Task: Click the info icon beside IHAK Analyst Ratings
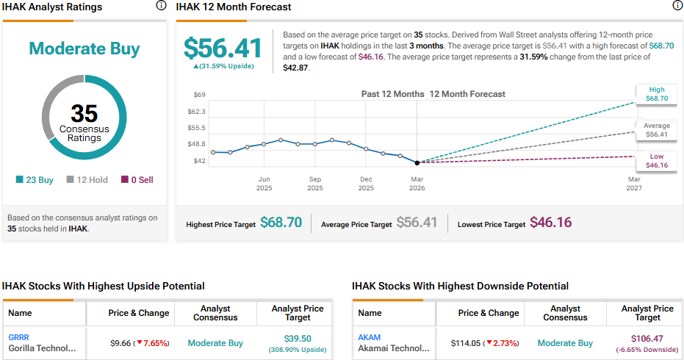pos(161,6)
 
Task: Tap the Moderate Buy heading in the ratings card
pos(84,49)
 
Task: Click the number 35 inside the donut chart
pos(84,113)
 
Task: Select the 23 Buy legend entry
pos(35,180)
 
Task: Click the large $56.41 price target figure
pos(223,48)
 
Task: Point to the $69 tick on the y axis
pos(199,95)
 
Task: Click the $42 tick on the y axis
pos(199,161)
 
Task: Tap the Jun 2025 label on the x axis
pos(264,184)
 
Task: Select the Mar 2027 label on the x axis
pos(634,184)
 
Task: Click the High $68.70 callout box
pos(656,93)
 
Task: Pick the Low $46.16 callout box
pos(656,161)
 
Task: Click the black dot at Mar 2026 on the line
pos(417,162)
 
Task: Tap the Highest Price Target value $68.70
pos(281,223)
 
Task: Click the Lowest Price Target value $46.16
pos(550,223)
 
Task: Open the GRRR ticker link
pos(19,337)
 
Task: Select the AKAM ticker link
pos(369,337)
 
